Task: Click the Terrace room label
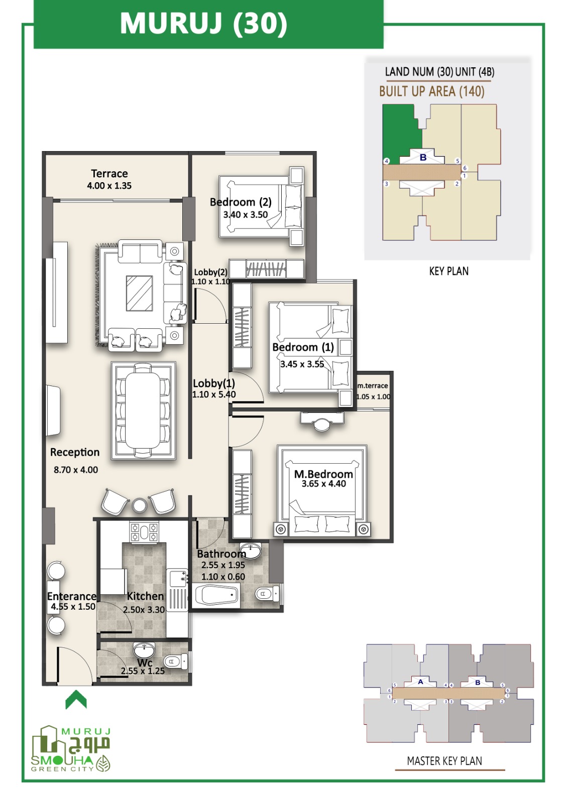tap(109, 174)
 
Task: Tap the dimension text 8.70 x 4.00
tap(76, 470)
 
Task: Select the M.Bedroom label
tap(323, 474)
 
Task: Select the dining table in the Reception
tap(143, 410)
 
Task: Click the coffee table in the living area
tap(139, 293)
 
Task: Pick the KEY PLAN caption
tap(449, 271)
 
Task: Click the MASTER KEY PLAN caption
tap(444, 761)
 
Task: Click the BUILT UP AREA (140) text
tap(432, 91)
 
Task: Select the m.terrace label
tap(373, 386)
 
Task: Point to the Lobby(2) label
tap(210, 272)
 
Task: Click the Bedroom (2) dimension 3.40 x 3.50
tap(246, 215)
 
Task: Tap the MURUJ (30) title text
tap(203, 24)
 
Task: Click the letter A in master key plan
tap(420, 682)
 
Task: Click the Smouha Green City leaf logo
tap(103, 763)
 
